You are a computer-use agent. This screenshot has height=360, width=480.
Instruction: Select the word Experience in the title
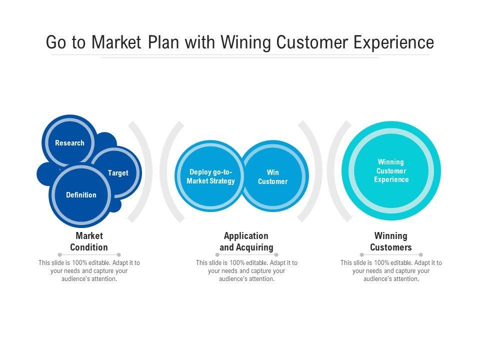(x=393, y=42)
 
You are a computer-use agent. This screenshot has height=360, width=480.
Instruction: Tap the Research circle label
(x=69, y=143)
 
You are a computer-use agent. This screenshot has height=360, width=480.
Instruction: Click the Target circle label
(x=118, y=173)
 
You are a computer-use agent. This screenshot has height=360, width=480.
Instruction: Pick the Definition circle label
(x=81, y=195)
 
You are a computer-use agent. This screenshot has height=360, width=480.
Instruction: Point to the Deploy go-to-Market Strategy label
(x=210, y=176)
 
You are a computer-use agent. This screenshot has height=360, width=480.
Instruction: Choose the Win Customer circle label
(x=273, y=177)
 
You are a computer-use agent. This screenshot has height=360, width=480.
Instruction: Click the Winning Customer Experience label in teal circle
(x=391, y=171)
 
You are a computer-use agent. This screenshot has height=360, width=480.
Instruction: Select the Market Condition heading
(x=89, y=241)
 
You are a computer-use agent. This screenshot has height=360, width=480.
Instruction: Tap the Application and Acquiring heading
(x=246, y=241)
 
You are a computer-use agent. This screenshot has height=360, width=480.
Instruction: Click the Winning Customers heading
(x=391, y=241)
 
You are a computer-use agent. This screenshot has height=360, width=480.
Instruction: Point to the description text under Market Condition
(x=89, y=270)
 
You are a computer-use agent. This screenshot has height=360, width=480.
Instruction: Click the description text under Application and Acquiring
(x=246, y=270)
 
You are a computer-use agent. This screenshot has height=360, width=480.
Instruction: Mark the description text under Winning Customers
(x=391, y=270)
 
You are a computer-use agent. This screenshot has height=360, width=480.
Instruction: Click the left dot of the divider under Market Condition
(x=59, y=254)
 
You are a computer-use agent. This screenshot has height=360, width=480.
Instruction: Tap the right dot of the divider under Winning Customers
(x=421, y=254)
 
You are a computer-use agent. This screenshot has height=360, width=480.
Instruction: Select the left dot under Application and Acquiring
(x=217, y=254)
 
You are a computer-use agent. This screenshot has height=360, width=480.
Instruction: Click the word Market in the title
(x=116, y=42)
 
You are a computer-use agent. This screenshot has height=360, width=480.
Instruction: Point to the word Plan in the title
(x=163, y=42)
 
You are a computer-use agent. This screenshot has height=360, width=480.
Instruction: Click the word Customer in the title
(x=312, y=42)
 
